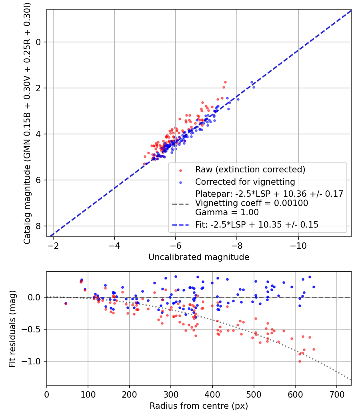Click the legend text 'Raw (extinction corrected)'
click(x=250, y=170)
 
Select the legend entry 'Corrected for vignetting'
click(x=245, y=182)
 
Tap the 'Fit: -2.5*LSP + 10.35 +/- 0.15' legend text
click(x=257, y=225)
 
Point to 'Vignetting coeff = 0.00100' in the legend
click(x=252, y=203)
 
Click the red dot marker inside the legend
click(x=180, y=170)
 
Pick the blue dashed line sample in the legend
click(x=180, y=225)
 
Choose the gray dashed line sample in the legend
click(x=180, y=204)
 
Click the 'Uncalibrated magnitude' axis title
click(x=199, y=257)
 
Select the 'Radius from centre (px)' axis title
click(x=199, y=406)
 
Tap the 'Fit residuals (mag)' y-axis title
click(x=12, y=328)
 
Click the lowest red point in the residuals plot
click(x=300, y=361)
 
